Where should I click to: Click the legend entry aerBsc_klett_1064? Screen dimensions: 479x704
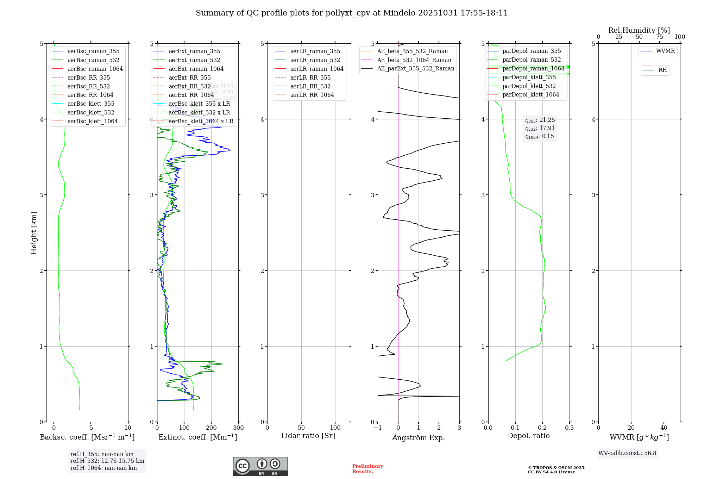tap(92, 121)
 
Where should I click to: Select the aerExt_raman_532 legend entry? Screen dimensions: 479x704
tap(194, 60)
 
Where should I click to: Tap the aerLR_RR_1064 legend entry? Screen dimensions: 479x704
tap(312, 95)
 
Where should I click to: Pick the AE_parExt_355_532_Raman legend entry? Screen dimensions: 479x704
tap(415, 68)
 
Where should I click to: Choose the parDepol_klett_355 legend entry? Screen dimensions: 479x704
tap(529, 77)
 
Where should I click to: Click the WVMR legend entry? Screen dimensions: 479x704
tap(665, 51)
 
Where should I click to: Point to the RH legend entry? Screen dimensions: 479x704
tap(662, 70)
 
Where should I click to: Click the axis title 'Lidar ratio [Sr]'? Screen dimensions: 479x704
tap(308, 436)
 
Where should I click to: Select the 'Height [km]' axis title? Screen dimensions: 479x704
tap(34, 232)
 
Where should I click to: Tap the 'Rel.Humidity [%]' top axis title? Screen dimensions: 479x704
tap(639, 30)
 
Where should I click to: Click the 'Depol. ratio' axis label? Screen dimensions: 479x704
tap(528, 436)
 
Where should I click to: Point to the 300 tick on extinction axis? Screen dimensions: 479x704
tap(238, 428)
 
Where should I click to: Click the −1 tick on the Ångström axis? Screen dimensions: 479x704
tap(377, 428)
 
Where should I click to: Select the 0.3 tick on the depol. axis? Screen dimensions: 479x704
tap(569, 428)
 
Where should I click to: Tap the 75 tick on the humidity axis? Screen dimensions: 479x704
tap(659, 37)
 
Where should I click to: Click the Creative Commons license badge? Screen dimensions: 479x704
tap(260, 467)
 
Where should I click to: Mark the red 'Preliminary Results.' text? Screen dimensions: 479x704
tap(367, 469)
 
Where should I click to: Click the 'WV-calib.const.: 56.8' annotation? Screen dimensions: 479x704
tap(627, 453)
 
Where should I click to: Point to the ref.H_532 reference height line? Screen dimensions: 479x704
tap(107, 461)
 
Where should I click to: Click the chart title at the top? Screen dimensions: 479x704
tap(352, 13)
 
